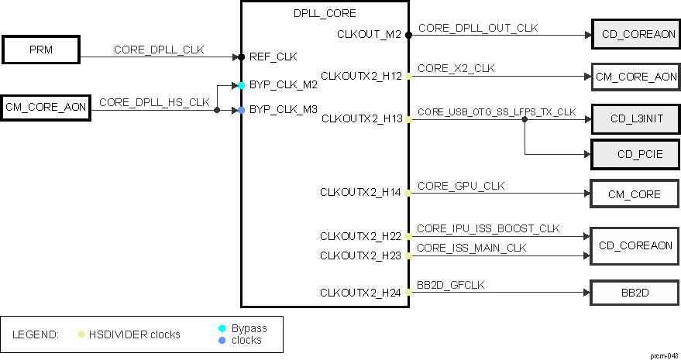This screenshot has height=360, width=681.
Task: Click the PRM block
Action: (41, 50)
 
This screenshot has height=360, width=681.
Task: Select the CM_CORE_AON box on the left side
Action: (46, 106)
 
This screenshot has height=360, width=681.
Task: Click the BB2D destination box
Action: (635, 293)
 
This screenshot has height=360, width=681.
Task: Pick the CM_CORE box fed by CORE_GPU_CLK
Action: (635, 194)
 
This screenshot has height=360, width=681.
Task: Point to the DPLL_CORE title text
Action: (325, 13)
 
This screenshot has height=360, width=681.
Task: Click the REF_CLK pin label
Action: (273, 57)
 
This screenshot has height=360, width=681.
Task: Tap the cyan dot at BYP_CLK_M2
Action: (242, 85)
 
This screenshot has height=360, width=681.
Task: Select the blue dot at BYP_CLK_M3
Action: (242, 110)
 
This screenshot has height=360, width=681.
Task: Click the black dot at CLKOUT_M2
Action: (408, 35)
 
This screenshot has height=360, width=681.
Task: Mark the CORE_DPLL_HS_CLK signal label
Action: (154, 101)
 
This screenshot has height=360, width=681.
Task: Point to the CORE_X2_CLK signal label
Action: (456, 68)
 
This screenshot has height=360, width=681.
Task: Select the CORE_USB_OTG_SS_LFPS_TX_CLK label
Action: (497, 111)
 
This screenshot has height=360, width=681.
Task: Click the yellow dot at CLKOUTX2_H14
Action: (408, 192)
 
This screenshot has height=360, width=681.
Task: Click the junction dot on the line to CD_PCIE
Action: (525, 119)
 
